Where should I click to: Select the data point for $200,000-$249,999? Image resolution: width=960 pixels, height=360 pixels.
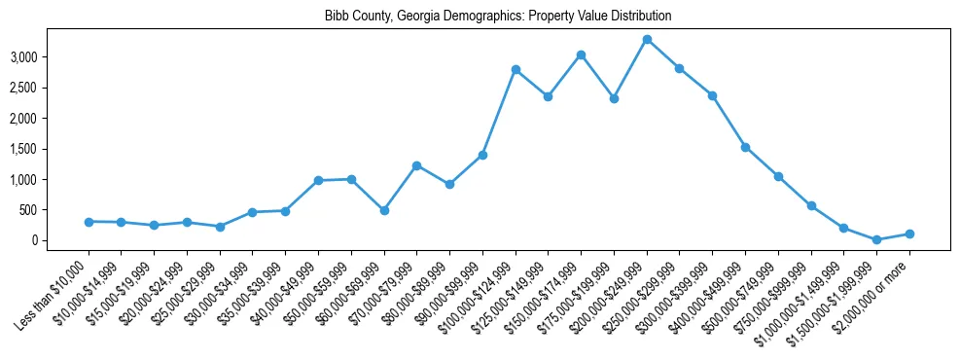click(647, 40)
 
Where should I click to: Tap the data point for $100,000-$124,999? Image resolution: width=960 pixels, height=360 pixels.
click(516, 70)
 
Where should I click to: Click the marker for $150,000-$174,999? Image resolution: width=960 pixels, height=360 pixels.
click(581, 55)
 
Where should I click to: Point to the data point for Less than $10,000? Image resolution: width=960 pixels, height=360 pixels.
click(89, 222)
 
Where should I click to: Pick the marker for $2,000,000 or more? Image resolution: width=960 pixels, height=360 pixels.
click(909, 234)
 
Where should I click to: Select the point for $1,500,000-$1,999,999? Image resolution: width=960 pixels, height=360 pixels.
click(876, 239)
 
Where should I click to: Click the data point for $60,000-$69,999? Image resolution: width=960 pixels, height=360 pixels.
click(384, 210)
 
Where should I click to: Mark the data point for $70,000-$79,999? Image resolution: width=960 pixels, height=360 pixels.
click(416, 165)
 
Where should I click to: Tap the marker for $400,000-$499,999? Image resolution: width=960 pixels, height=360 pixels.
click(745, 147)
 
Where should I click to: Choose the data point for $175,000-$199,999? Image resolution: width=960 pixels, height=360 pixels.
click(614, 98)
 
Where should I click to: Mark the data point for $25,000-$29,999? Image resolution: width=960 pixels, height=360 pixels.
click(220, 227)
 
